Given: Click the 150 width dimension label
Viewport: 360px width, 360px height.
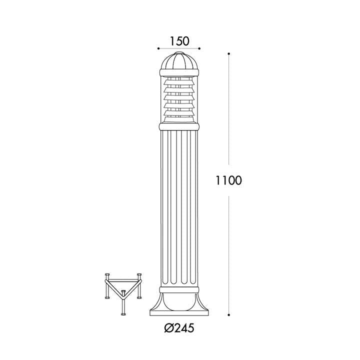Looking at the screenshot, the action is point(179,41).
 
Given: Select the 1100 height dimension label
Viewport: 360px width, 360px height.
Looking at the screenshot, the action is point(228,180).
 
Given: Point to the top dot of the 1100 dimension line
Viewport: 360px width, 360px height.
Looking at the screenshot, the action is point(229,54).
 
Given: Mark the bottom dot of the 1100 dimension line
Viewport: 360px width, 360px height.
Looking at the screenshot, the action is point(229,315).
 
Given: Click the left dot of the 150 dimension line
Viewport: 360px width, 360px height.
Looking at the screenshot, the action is point(158,48).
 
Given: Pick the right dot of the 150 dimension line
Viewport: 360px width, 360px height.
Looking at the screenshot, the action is point(199,48).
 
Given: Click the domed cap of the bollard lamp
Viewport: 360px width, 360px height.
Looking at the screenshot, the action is point(179,61).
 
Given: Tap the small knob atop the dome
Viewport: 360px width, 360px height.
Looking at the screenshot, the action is point(179,53).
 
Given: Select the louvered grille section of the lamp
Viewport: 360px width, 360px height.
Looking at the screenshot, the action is point(179,99).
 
